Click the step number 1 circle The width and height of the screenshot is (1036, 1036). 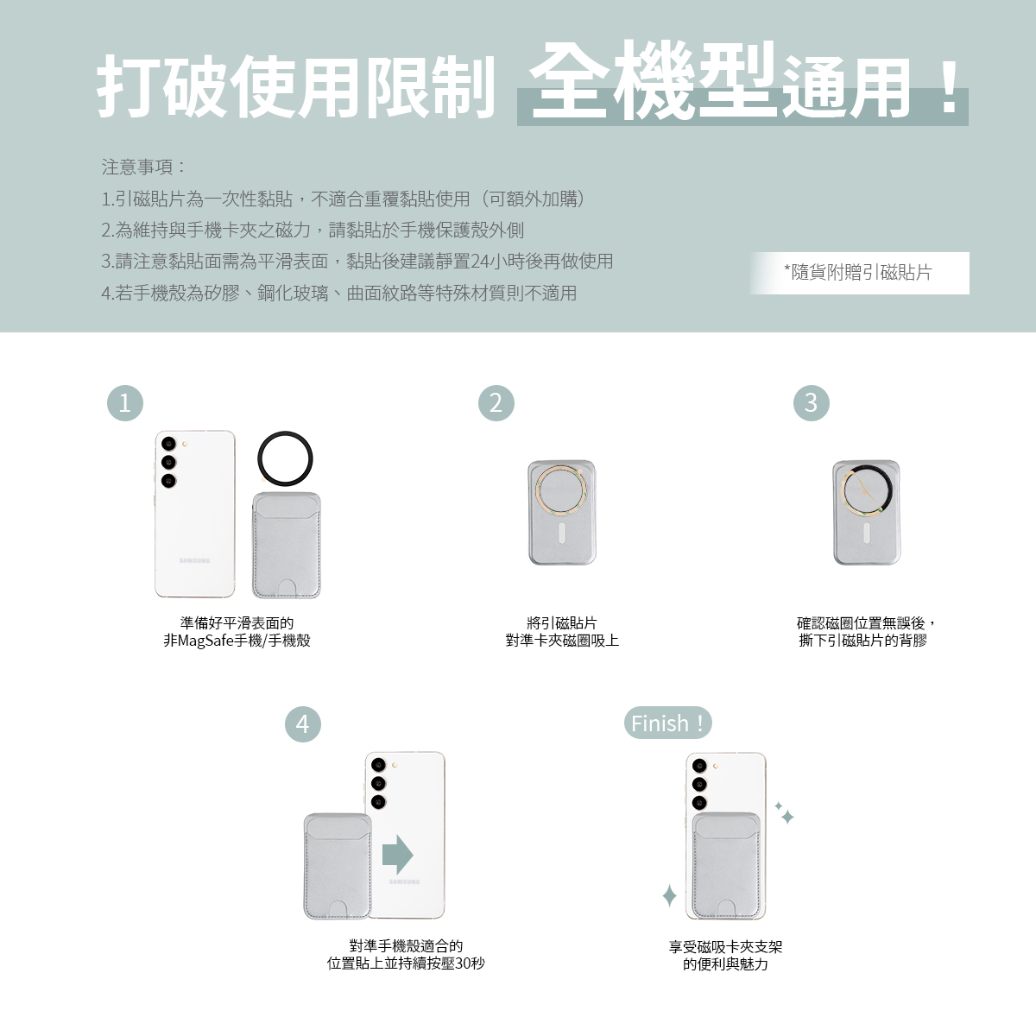coord(124,402)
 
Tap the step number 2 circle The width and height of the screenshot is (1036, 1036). coord(496,402)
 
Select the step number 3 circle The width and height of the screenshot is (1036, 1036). coord(811,402)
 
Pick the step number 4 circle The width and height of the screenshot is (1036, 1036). coord(303,723)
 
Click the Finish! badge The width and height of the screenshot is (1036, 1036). coord(667,723)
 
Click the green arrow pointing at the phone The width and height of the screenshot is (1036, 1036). coord(397,855)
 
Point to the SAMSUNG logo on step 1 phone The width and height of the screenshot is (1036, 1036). coord(194,561)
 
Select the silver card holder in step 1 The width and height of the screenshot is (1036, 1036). coord(287,545)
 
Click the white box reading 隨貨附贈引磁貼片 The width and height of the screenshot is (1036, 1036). coord(859,273)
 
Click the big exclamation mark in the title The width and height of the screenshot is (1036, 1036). coord(950,88)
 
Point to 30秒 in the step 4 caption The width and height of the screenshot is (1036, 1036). coord(470,963)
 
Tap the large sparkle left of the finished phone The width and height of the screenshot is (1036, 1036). coord(669,895)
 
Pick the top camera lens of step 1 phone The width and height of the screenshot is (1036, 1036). coord(169,444)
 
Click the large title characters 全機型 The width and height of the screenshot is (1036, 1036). coord(654,80)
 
